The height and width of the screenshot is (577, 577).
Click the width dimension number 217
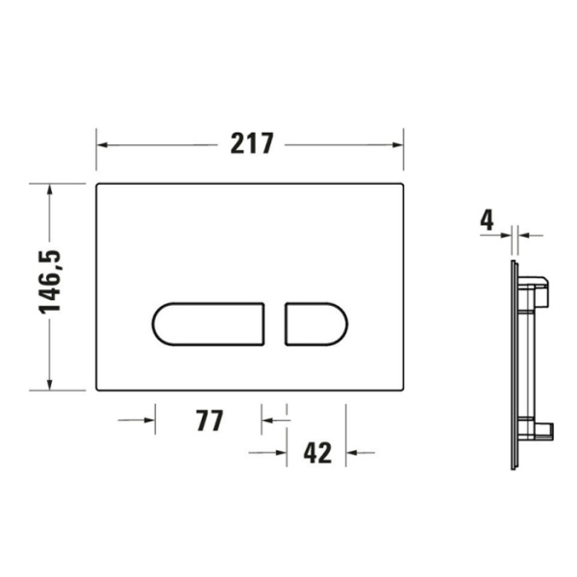[252, 144]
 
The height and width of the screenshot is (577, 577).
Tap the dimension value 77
[210, 420]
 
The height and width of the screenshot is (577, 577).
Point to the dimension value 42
[317, 452]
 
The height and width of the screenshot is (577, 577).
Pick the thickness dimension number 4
[487, 220]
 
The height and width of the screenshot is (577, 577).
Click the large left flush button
[209, 323]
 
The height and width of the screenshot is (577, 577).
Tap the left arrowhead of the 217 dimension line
[104, 144]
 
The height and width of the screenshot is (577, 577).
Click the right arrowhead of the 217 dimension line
[395, 144]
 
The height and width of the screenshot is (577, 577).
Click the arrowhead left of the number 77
[146, 420]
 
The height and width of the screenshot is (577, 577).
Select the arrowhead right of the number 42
[353, 452]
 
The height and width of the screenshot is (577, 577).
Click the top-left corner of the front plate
[98, 184]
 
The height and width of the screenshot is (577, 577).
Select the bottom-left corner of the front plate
[98, 389]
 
